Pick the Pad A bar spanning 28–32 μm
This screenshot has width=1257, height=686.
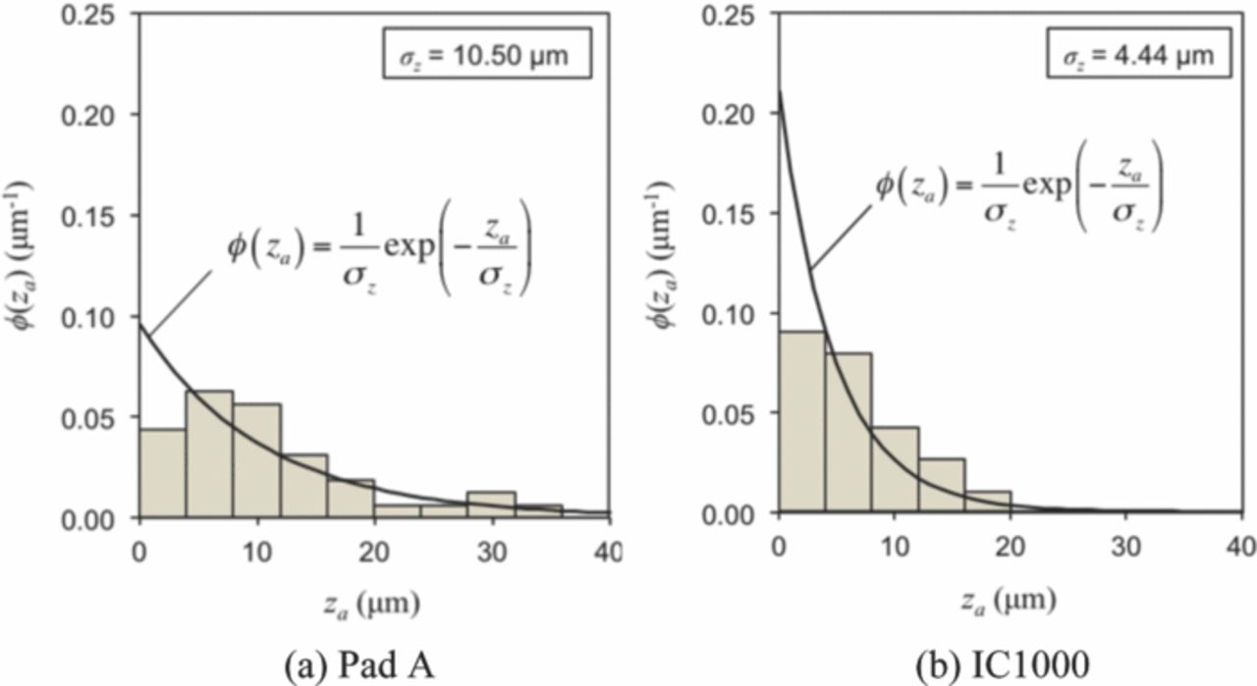[x=491, y=504]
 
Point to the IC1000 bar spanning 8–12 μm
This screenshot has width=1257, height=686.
[x=895, y=471]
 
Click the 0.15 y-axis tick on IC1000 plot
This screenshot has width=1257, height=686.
[x=731, y=214]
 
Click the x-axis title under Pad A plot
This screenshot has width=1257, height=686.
[x=374, y=602]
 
